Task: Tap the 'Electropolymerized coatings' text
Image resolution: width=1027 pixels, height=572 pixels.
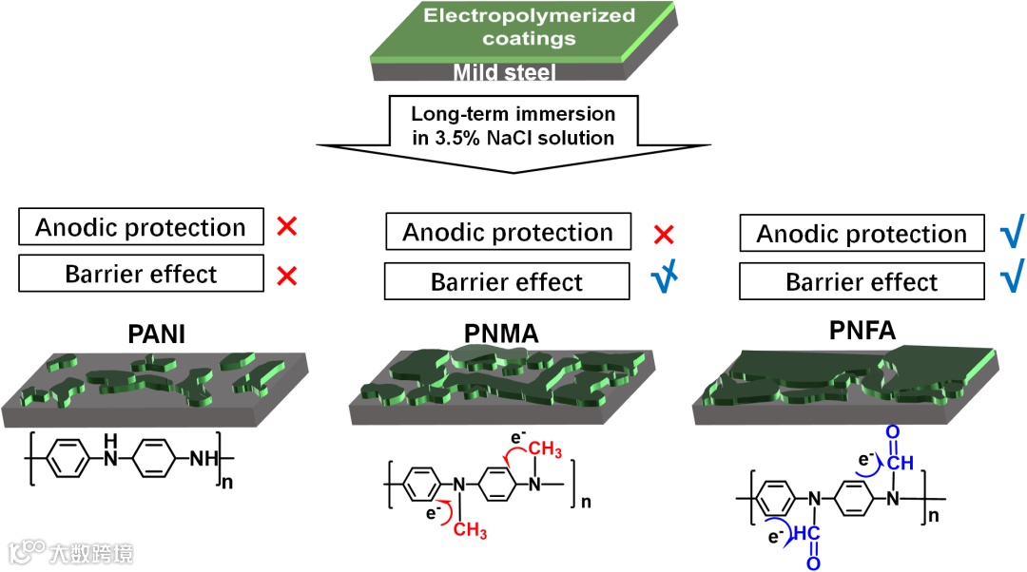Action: click(x=513, y=28)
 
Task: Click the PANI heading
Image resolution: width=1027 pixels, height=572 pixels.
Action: click(x=158, y=335)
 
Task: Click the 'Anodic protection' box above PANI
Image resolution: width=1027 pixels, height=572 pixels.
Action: click(x=141, y=228)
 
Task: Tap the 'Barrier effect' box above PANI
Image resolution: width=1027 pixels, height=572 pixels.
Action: click(x=141, y=276)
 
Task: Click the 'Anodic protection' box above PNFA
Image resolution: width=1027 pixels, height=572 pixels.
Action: click(x=862, y=234)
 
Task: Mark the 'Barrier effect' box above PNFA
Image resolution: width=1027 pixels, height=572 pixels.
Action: click(x=862, y=282)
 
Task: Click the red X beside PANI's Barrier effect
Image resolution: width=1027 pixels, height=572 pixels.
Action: click(x=286, y=276)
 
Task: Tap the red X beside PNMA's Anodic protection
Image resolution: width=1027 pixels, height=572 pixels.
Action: click(x=665, y=234)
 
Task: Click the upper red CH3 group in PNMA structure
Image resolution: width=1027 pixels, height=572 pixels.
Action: click(x=546, y=449)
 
